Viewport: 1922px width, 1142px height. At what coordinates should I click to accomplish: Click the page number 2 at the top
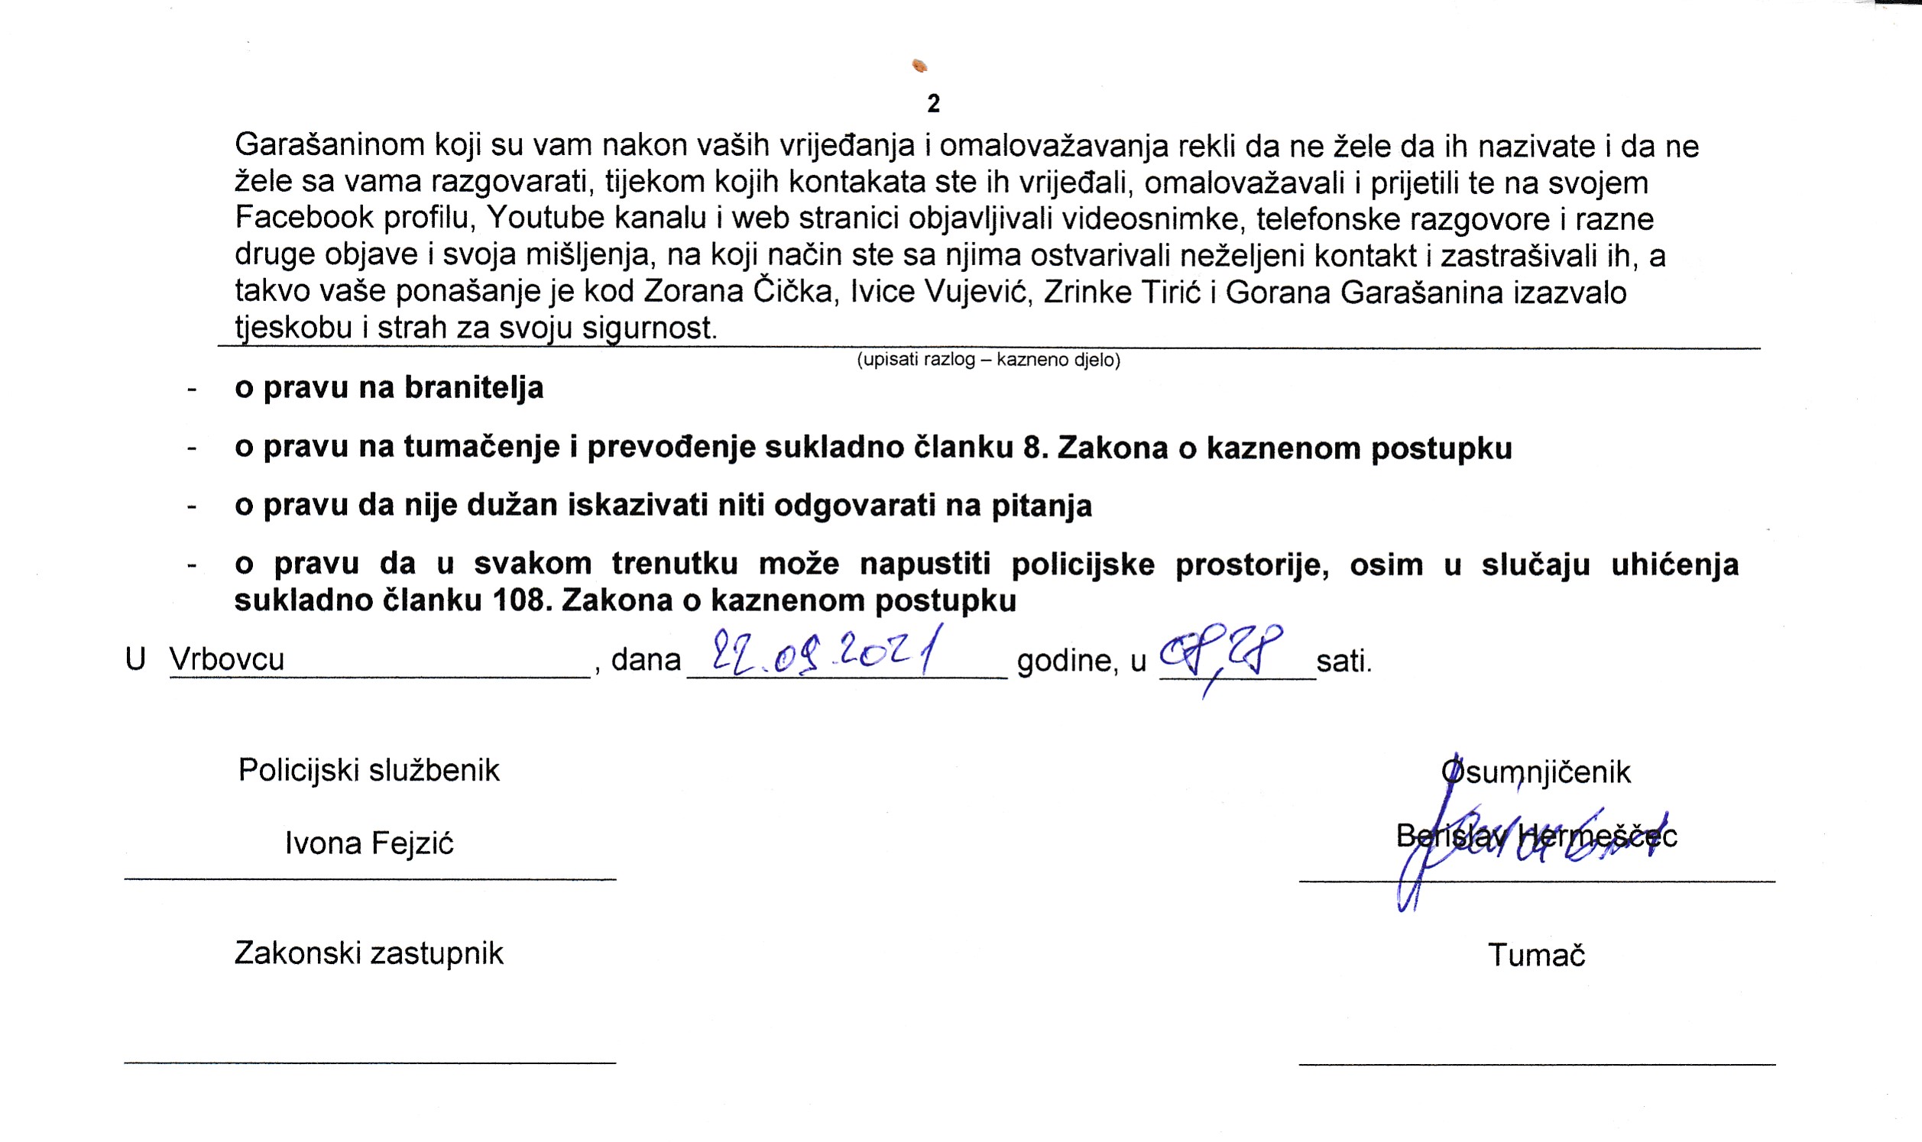tap(933, 104)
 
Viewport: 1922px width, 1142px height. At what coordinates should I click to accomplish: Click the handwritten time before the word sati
tap(1220, 654)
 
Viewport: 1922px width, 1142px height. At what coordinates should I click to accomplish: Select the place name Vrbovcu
tap(226, 659)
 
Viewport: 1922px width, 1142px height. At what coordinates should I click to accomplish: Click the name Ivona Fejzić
tap(368, 843)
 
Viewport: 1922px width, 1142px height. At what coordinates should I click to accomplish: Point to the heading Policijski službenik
tap(368, 770)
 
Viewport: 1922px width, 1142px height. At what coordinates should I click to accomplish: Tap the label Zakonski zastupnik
tap(368, 953)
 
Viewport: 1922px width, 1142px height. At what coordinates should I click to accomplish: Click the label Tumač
tap(1536, 956)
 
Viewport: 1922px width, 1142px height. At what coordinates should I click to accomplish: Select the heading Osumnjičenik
tap(1536, 772)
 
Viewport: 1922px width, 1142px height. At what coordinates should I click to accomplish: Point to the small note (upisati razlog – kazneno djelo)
tap(988, 360)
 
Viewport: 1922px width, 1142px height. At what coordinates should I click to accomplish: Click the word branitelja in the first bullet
tap(474, 388)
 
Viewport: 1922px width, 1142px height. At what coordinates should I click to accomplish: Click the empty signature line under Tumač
tap(1536, 1064)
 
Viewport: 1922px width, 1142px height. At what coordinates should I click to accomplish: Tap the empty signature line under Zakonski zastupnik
tap(369, 1063)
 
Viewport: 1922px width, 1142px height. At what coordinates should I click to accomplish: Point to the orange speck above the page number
tap(919, 66)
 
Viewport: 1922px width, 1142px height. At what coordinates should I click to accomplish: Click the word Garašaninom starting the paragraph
tap(329, 145)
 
